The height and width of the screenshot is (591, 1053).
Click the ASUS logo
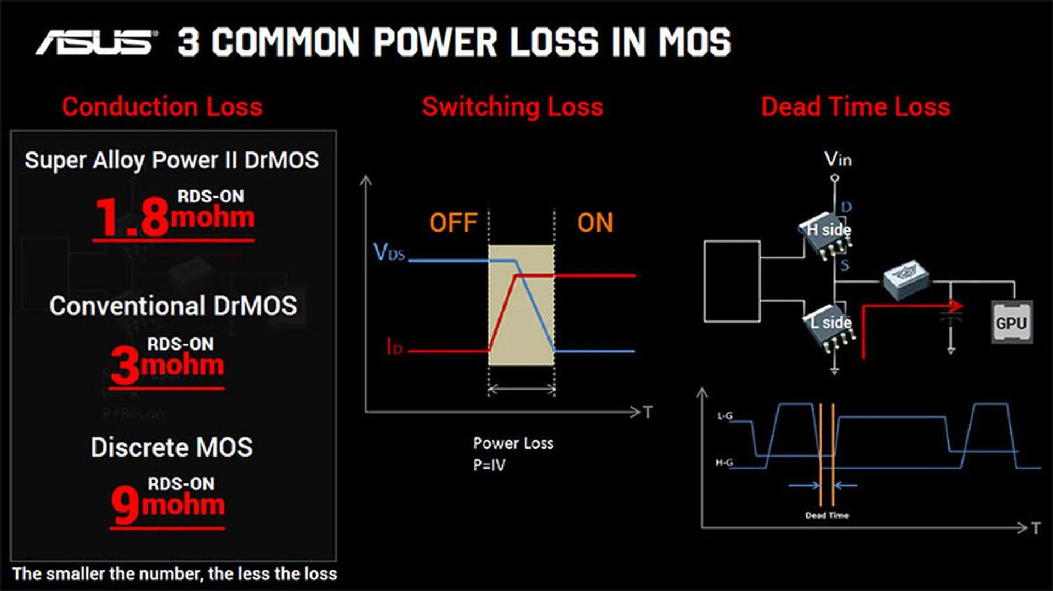point(96,42)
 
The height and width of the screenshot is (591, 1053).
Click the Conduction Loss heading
point(162,106)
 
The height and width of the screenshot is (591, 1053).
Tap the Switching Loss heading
point(512,106)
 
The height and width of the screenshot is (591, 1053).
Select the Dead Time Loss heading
point(855,106)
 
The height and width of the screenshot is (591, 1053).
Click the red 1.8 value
point(132,217)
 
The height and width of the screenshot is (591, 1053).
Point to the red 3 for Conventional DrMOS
point(126,365)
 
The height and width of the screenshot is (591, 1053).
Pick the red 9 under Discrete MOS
point(126,505)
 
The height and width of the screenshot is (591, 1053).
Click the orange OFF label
point(453,223)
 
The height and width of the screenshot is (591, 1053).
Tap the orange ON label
point(595,223)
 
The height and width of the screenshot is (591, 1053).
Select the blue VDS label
point(389,252)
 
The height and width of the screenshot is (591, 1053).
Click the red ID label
point(394,347)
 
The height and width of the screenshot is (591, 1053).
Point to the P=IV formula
point(489,465)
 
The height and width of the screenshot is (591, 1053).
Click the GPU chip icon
point(1012,323)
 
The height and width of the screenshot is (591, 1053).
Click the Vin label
point(837,160)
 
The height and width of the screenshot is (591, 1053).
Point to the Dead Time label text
point(826,515)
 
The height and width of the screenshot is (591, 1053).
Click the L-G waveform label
point(724,416)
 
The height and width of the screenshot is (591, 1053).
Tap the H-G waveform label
point(724,463)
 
